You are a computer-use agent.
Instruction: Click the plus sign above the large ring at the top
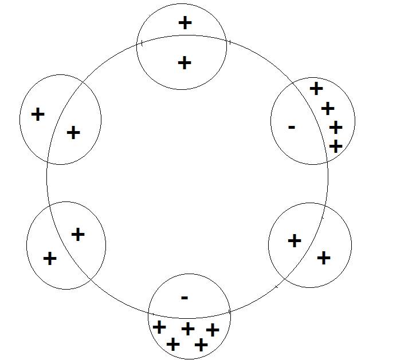click(x=185, y=23)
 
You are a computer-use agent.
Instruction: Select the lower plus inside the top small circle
click(x=184, y=62)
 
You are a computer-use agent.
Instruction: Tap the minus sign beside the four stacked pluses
click(x=292, y=127)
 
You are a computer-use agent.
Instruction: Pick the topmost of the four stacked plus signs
click(x=316, y=89)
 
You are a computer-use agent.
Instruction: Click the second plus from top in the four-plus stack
click(x=328, y=108)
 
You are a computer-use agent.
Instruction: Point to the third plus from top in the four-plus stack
click(x=336, y=127)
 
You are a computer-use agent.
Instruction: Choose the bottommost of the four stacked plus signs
click(x=336, y=147)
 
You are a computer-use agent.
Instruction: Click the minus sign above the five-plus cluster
click(x=184, y=298)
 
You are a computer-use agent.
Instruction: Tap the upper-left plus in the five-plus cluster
click(x=159, y=327)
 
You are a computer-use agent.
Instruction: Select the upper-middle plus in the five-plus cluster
click(x=188, y=329)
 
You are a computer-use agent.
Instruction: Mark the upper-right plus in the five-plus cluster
click(x=213, y=330)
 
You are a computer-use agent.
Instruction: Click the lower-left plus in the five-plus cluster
click(x=172, y=345)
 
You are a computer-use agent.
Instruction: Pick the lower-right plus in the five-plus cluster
click(x=201, y=345)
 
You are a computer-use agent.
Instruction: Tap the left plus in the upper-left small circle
click(x=38, y=114)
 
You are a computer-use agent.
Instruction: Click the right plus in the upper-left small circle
click(x=73, y=133)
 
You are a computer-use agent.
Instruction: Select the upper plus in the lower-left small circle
click(x=78, y=234)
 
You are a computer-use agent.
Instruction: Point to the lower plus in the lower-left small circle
click(x=50, y=259)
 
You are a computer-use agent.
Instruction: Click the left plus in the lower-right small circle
click(x=294, y=241)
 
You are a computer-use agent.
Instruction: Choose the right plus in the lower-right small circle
click(x=324, y=258)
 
